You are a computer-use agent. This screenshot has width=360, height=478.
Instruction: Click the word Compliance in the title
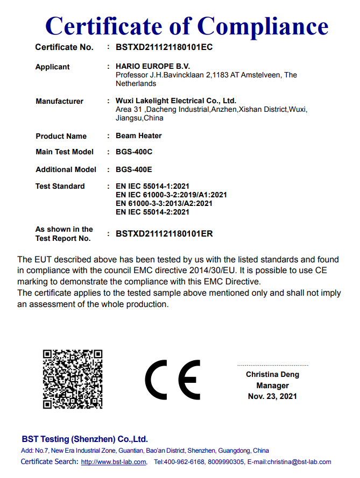264,25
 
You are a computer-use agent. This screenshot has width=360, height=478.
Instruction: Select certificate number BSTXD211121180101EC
164,47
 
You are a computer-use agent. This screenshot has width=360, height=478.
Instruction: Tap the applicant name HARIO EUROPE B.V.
149,67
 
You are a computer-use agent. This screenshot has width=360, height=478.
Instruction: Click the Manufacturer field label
59,101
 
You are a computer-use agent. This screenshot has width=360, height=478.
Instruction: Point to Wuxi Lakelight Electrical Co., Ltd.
176,101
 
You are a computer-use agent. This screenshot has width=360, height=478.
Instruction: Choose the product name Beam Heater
138,135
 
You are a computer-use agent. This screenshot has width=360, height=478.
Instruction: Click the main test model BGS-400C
134,152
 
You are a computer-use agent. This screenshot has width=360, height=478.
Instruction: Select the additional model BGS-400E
134,169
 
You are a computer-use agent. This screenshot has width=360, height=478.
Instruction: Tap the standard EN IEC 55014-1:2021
153,186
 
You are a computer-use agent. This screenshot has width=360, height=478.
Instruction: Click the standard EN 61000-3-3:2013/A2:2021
164,203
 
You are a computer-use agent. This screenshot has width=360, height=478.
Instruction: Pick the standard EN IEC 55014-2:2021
153,212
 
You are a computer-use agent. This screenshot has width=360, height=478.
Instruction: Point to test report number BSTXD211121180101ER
164,234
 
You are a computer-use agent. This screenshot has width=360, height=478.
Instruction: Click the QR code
73,379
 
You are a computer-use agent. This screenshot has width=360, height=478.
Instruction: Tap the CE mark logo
172,380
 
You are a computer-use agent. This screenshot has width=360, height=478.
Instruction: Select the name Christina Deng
272,374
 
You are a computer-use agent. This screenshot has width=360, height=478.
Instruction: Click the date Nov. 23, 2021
272,396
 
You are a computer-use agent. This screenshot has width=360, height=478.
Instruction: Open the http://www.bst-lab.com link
114,462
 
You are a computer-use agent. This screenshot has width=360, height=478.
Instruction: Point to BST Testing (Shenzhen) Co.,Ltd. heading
84,439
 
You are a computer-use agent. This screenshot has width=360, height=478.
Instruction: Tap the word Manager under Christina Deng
272,386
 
